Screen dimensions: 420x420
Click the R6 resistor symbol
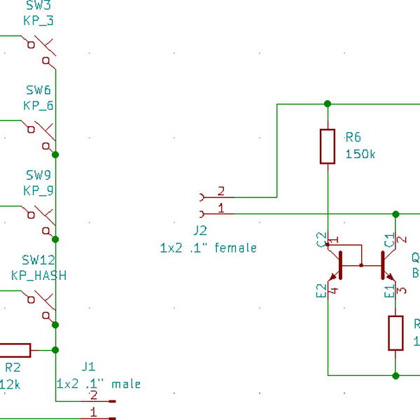(x=328, y=146)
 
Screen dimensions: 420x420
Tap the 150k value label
(x=360, y=154)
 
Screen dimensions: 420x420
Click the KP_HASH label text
(x=38, y=275)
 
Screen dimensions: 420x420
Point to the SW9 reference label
(x=38, y=175)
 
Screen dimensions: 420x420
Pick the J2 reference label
(x=200, y=231)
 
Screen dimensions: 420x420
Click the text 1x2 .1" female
(x=208, y=248)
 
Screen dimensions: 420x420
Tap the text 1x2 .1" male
(x=98, y=384)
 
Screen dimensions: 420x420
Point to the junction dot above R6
(x=328, y=104)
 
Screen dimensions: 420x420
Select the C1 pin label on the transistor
(x=389, y=241)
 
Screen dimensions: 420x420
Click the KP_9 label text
(x=38, y=190)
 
